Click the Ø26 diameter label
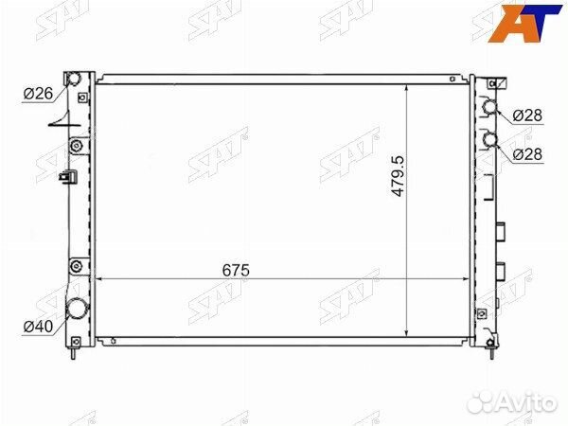[x=38, y=94]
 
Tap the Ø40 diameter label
[x=38, y=327]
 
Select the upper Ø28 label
[x=527, y=115]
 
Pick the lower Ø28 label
[x=527, y=154]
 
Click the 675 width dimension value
[x=236, y=270]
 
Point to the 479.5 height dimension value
[x=398, y=176]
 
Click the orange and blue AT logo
[x=524, y=23]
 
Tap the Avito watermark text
[x=528, y=402]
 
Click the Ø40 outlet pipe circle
[x=77, y=308]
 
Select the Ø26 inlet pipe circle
[x=74, y=79]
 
